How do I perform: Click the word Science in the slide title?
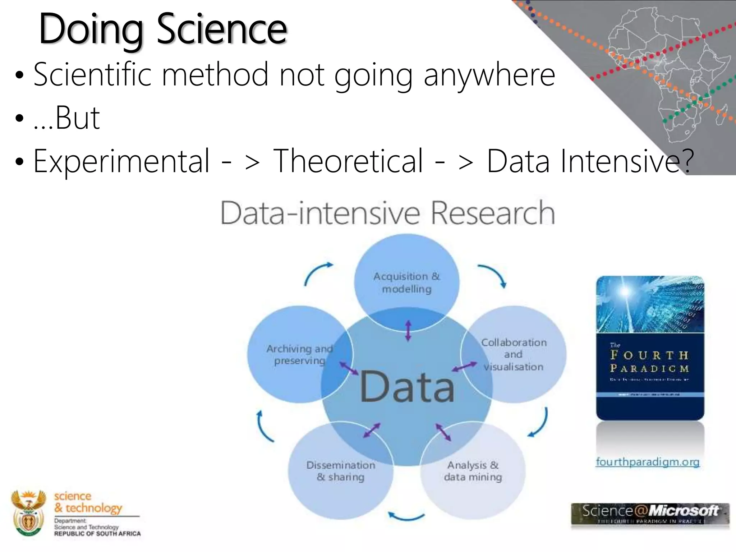point(222,29)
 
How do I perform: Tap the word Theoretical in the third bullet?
point(348,161)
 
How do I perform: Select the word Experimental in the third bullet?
point(121,161)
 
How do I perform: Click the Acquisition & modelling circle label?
point(406,282)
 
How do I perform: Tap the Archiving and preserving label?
point(299,354)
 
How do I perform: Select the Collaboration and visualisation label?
point(514,354)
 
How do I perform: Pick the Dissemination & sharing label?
point(341,471)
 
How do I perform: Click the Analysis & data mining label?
point(473,471)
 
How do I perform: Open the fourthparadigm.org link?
point(648,462)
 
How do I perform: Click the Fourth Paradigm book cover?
point(650,348)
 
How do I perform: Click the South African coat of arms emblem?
point(28,513)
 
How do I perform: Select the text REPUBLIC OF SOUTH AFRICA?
point(97,534)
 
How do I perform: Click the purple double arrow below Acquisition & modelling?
point(408,331)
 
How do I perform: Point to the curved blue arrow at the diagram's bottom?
point(406,517)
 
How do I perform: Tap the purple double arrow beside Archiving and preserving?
point(349,368)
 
